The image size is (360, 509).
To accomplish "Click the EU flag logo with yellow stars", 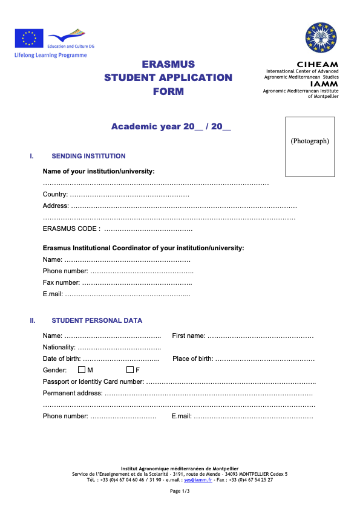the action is pos(29,39).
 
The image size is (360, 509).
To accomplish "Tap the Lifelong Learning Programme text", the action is pos(51,55).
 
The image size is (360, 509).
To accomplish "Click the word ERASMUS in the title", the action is pos(168,64).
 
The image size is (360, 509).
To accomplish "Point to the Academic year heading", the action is pos(171,126).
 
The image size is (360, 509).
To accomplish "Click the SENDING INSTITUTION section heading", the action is pos(88,156).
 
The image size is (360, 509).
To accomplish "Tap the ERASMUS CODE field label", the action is pos(71,229).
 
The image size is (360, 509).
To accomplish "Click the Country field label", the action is pos(55,195).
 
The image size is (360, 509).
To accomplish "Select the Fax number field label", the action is pos(61,282).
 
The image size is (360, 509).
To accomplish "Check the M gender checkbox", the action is pos(82,370).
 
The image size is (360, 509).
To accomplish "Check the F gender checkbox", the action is pos(129,370).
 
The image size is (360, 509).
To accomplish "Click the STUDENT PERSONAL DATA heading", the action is pos(97,320).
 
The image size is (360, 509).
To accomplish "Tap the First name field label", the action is pos(188,336).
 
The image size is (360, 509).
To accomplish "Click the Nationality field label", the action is pos(59,347).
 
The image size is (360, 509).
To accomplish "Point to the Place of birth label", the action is pos(192,358).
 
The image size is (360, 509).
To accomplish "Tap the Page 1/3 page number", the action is pos(180,491).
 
